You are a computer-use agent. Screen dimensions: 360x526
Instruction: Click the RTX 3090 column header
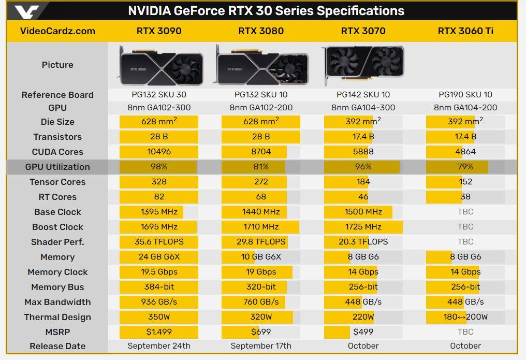point(159,31)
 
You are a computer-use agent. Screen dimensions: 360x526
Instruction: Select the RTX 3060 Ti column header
point(465,31)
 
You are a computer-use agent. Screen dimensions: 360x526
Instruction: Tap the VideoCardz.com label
point(57,31)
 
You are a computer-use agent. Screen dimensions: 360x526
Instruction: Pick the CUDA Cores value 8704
point(261,152)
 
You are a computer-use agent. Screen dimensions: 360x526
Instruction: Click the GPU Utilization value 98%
point(159,167)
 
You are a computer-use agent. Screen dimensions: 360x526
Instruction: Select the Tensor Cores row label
point(57,182)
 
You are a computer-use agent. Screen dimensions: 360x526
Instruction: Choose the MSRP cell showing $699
point(261,332)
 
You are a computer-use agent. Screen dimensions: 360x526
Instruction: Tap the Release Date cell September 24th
point(159,346)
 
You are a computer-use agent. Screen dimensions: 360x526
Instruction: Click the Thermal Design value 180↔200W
point(465,317)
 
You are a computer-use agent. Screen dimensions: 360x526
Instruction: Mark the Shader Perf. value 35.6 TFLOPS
point(159,242)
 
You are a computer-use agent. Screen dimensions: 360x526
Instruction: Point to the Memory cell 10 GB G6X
point(261,257)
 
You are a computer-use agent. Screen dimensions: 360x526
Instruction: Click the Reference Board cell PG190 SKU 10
point(465,95)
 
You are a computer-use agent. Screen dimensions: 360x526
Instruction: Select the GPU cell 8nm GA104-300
point(363,108)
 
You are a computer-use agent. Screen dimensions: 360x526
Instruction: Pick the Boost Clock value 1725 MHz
point(363,227)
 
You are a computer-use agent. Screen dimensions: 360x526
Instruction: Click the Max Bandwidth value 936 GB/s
point(159,302)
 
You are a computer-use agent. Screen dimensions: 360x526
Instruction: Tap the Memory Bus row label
point(57,287)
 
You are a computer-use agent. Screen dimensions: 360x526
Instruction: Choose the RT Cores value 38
point(465,197)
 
